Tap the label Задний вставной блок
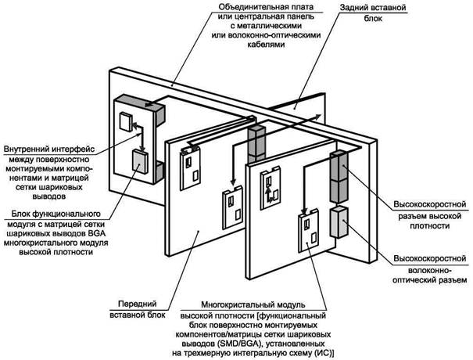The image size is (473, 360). [373, 13]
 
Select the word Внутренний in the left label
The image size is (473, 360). [25, 149]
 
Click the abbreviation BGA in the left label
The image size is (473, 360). [97, 233]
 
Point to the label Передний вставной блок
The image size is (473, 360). [138, 309]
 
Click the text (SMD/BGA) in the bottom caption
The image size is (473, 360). [236, 344]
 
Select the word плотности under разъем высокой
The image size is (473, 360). [430, 225]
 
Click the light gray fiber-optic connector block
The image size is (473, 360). [339, 222]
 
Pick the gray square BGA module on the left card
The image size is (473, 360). [140, 162]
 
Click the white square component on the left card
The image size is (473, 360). [126, 121]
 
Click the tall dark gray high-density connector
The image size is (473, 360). [339, 176]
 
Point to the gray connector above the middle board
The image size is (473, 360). [256, 143]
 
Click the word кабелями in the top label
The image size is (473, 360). [266, 45]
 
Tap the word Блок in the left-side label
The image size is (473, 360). [21, 214]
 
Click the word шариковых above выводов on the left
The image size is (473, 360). [63, 187]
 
